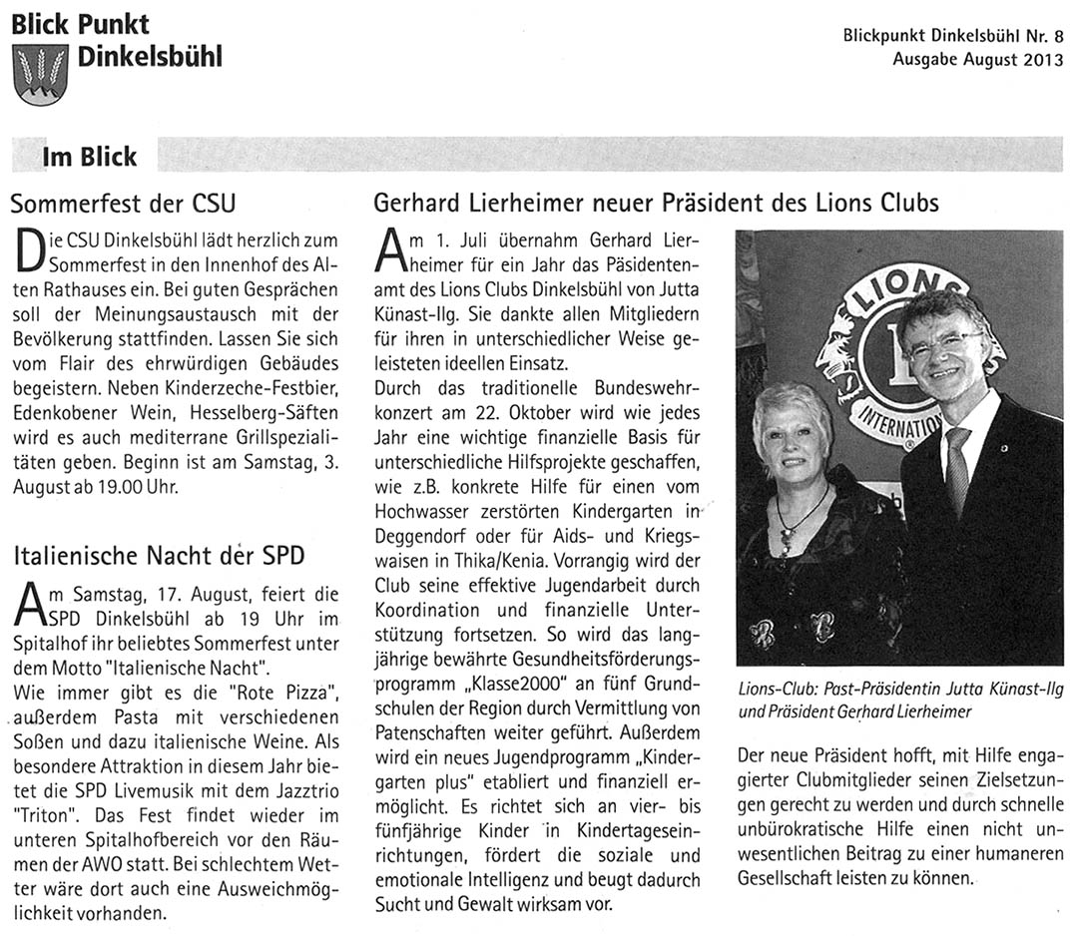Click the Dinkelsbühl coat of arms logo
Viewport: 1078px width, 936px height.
click(40, 74)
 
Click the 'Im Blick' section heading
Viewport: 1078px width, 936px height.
click(89, 157)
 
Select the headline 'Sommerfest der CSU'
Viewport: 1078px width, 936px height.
click(123, 205)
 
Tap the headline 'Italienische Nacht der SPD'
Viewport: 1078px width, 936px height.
click(157, 556)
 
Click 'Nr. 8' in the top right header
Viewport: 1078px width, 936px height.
click(1047, 35)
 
